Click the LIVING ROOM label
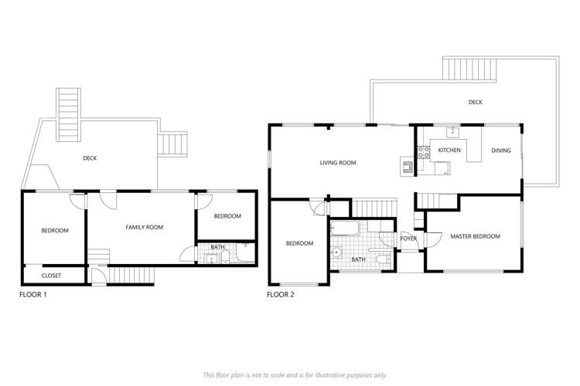[337, 163]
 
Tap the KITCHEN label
[449, 150]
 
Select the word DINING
[501, 150]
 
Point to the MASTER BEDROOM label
[475, 236]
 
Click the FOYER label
[408, 239]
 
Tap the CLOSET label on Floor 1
[51, 275]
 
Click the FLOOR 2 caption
[280, 294]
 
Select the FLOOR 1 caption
[33, 294]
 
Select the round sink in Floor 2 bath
[337, 252]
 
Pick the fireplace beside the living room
[407, 164]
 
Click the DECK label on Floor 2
[476, 101]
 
